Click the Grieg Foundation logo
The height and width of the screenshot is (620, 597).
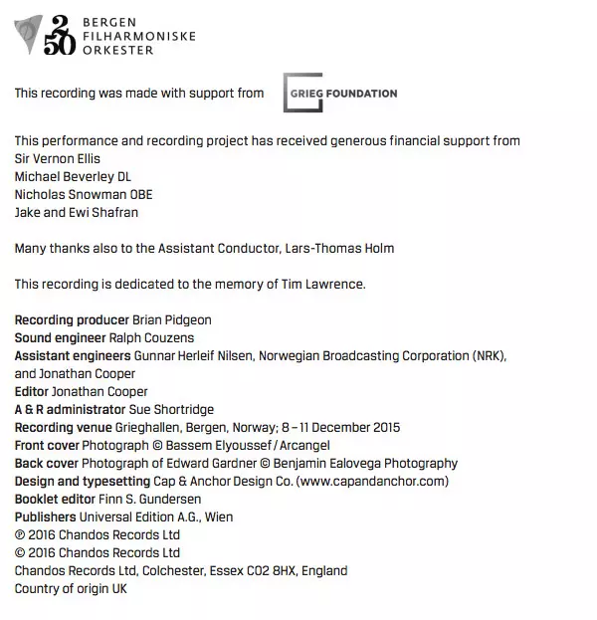339,93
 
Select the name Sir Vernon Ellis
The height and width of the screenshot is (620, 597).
58,158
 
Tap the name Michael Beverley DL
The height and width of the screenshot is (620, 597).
73,176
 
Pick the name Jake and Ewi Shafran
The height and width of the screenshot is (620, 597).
77,212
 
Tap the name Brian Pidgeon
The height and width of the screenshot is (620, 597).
172,319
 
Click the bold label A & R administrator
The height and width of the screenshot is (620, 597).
70,409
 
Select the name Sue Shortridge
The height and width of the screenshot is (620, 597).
172,409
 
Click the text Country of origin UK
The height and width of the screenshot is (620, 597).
71,588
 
